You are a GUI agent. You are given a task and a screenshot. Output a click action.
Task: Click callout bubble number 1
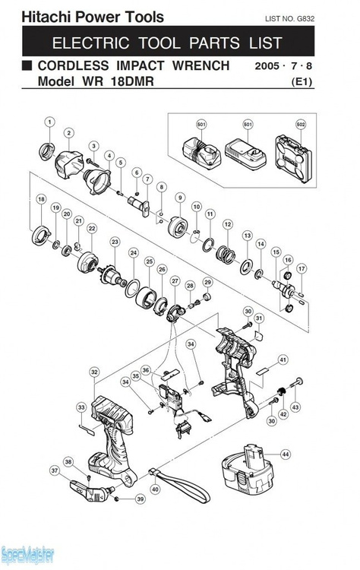tap(49, 122)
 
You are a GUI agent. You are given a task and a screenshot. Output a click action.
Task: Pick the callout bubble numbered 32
tap(94, 372)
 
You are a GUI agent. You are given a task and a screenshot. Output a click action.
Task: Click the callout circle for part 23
tap(115, 242)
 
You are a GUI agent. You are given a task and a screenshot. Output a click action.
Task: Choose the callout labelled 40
tap(155, 490)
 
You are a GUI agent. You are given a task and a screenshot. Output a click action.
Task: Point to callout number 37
tap(54, 470)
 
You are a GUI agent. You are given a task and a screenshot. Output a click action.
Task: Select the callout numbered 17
tap(301, 268)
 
